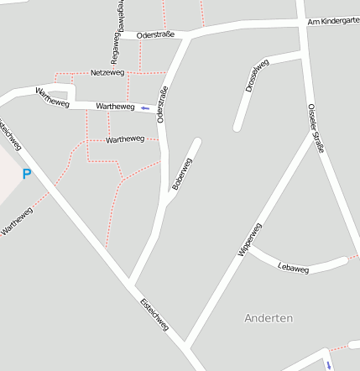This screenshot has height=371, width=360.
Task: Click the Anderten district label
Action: [269, 318]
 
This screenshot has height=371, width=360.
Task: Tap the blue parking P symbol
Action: [26, 175]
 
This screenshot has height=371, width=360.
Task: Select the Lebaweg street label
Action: [293, 269]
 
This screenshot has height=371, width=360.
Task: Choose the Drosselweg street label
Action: [257, 76]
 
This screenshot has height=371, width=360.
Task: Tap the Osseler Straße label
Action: [316, 128]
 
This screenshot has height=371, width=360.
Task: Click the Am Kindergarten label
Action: [333, 21]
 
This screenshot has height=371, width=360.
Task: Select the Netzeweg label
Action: [107, 73]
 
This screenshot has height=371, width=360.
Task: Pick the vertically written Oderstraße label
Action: [162, 106]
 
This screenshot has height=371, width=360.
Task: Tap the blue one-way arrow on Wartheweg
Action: [145, 108]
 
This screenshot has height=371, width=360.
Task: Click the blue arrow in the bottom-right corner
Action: [329, 364]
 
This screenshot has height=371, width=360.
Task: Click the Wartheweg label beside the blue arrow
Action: [115, 107]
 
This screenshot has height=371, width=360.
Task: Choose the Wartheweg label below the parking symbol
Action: [16, 219]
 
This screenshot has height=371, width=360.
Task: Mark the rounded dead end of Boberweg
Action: [197, 141]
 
